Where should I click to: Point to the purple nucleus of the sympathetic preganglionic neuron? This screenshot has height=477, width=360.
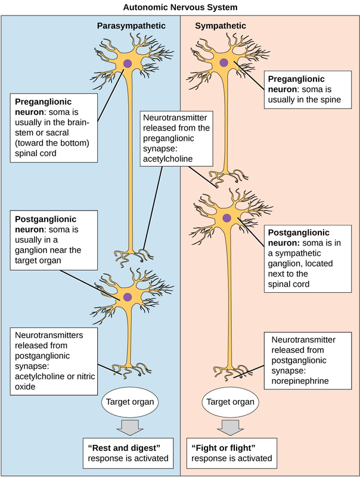click(x=224, y=62)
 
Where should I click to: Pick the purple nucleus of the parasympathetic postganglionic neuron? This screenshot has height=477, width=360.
click(x=127, y=296)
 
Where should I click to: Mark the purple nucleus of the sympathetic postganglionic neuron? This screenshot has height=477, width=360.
click(x=226, y=219)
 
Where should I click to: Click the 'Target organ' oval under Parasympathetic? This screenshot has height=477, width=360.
click(x=129, y=401)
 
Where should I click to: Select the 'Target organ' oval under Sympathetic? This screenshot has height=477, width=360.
click(x=229, y=401)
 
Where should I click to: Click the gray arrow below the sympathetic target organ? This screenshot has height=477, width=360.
click(x=229, y=426)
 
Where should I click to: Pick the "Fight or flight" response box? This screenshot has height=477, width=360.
click(x=232, y=453)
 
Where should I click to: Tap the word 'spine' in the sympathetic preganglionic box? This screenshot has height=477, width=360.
click(x=327, y=100)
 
